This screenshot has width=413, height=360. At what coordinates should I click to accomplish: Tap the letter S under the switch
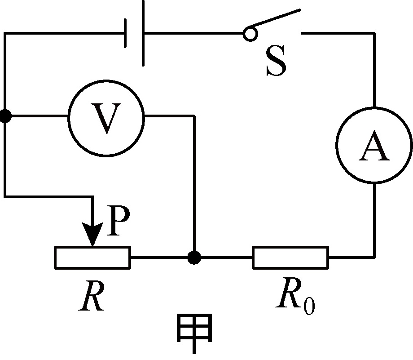(276, 61)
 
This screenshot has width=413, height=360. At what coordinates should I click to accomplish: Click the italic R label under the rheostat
(92, 295)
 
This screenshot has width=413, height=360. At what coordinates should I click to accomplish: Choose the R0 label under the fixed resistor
(295, 296)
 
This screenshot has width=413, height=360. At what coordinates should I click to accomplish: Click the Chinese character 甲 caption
(194, 333)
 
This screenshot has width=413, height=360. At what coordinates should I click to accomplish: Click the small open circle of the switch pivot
(250, 34)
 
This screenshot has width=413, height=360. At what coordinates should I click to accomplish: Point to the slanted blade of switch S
(274, 18)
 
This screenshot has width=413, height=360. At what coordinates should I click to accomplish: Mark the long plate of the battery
(143, 33)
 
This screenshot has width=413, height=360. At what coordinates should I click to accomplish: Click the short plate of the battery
(125, 33)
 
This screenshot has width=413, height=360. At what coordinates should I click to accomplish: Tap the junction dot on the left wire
(5, 116)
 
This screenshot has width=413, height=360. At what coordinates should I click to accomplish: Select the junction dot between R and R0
(194, 258)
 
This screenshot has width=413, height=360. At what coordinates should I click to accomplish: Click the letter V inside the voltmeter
(106, 118)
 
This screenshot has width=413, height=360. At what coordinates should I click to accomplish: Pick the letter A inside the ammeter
(374, 145)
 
